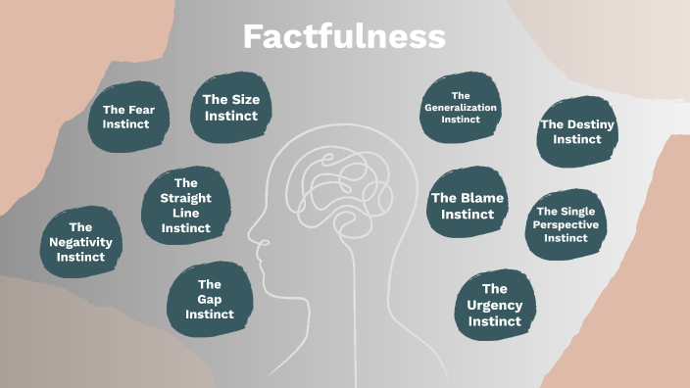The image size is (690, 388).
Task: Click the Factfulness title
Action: pyautogui.click(x=344, y=37)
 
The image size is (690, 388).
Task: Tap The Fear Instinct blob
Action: pyautogui.click(x=126, y=118)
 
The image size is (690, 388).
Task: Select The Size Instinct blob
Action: pyautogui.click(x=230, y=107)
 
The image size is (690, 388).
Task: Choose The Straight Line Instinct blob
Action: pyautogui.click(x=185, y=205)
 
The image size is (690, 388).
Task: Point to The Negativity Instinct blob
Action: pyautogui.click(x=80, y=242)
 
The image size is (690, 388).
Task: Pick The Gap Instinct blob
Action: pyautogui.click(x=209, y=299)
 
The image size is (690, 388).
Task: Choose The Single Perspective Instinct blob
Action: pyautogui.click(x=567, y=224)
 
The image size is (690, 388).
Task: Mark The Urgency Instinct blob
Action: pyautogui.click(x=495, y=305)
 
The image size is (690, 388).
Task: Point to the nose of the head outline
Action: pyautogui.click(x=252, y=237)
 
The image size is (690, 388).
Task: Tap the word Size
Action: pyautogui.click(x=244, y=98)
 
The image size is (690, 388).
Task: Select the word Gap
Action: pyautogui.click(x=209, y=299)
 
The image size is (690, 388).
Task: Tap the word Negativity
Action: pyautogui.click(x=80, y=242)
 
